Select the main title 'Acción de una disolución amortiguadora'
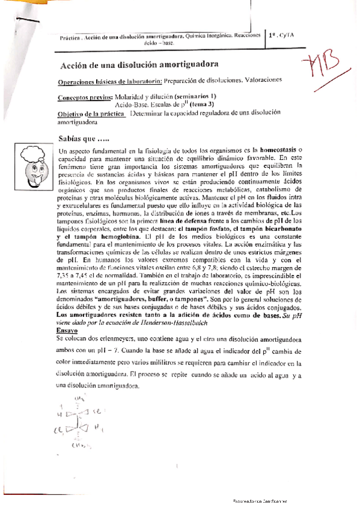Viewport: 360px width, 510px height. pos(139,64)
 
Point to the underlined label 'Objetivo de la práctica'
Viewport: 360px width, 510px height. pos(92,114)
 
